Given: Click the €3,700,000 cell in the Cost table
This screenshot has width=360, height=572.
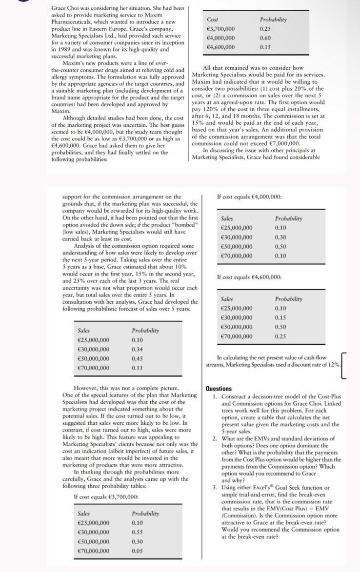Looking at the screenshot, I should click(220, 29).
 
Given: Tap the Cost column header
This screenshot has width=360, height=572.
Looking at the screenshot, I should click(212, 19).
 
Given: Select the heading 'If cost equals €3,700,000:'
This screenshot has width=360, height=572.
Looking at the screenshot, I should click(105, 496).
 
